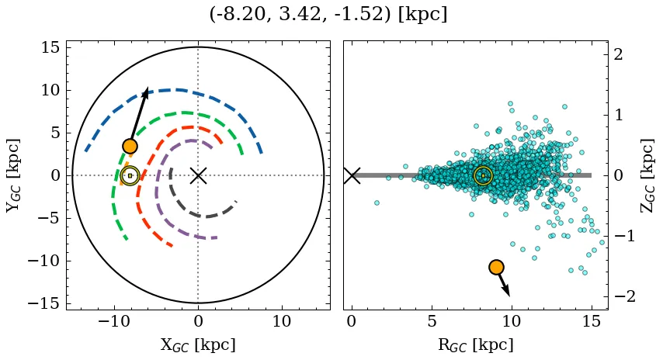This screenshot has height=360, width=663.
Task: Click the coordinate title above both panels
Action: coord(328,15)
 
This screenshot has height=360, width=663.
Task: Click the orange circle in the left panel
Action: coord(130,146)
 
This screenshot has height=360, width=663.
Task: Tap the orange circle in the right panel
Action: coord(496,267)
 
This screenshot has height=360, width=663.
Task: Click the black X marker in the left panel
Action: coord(198,175)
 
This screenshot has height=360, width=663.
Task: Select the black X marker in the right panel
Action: coord(352,175)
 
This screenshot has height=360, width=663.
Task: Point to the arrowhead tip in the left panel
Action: coord(147,88)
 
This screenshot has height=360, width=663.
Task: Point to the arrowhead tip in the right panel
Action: coord(509,296)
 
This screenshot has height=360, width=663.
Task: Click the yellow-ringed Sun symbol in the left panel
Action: coord(130,175)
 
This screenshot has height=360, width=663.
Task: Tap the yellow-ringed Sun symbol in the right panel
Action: coord(483,175)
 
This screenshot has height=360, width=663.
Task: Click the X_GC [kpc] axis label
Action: coord(198,344)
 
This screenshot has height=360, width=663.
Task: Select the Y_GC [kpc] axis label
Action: coord(13,175)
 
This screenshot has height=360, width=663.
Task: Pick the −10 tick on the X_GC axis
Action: coord(115,321)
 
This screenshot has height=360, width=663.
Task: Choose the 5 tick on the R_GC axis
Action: coord(432,321)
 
